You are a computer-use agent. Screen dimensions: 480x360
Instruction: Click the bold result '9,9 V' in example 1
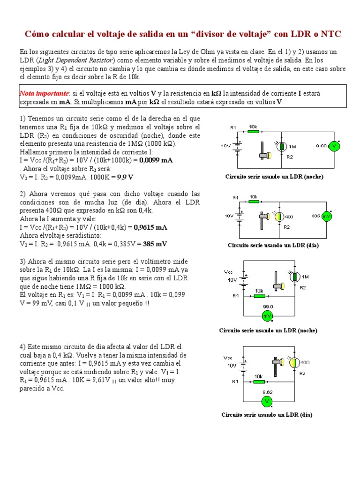[125, 177]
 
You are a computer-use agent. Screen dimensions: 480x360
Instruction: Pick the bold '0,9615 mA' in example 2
[150, 227]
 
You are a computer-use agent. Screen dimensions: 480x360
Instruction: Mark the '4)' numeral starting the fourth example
[23, 346]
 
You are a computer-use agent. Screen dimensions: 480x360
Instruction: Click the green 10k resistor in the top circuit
[253, 132]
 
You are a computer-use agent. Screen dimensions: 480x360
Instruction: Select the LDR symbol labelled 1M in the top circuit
[282, 146]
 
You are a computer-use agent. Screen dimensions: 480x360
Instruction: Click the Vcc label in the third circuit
[228, 271]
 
